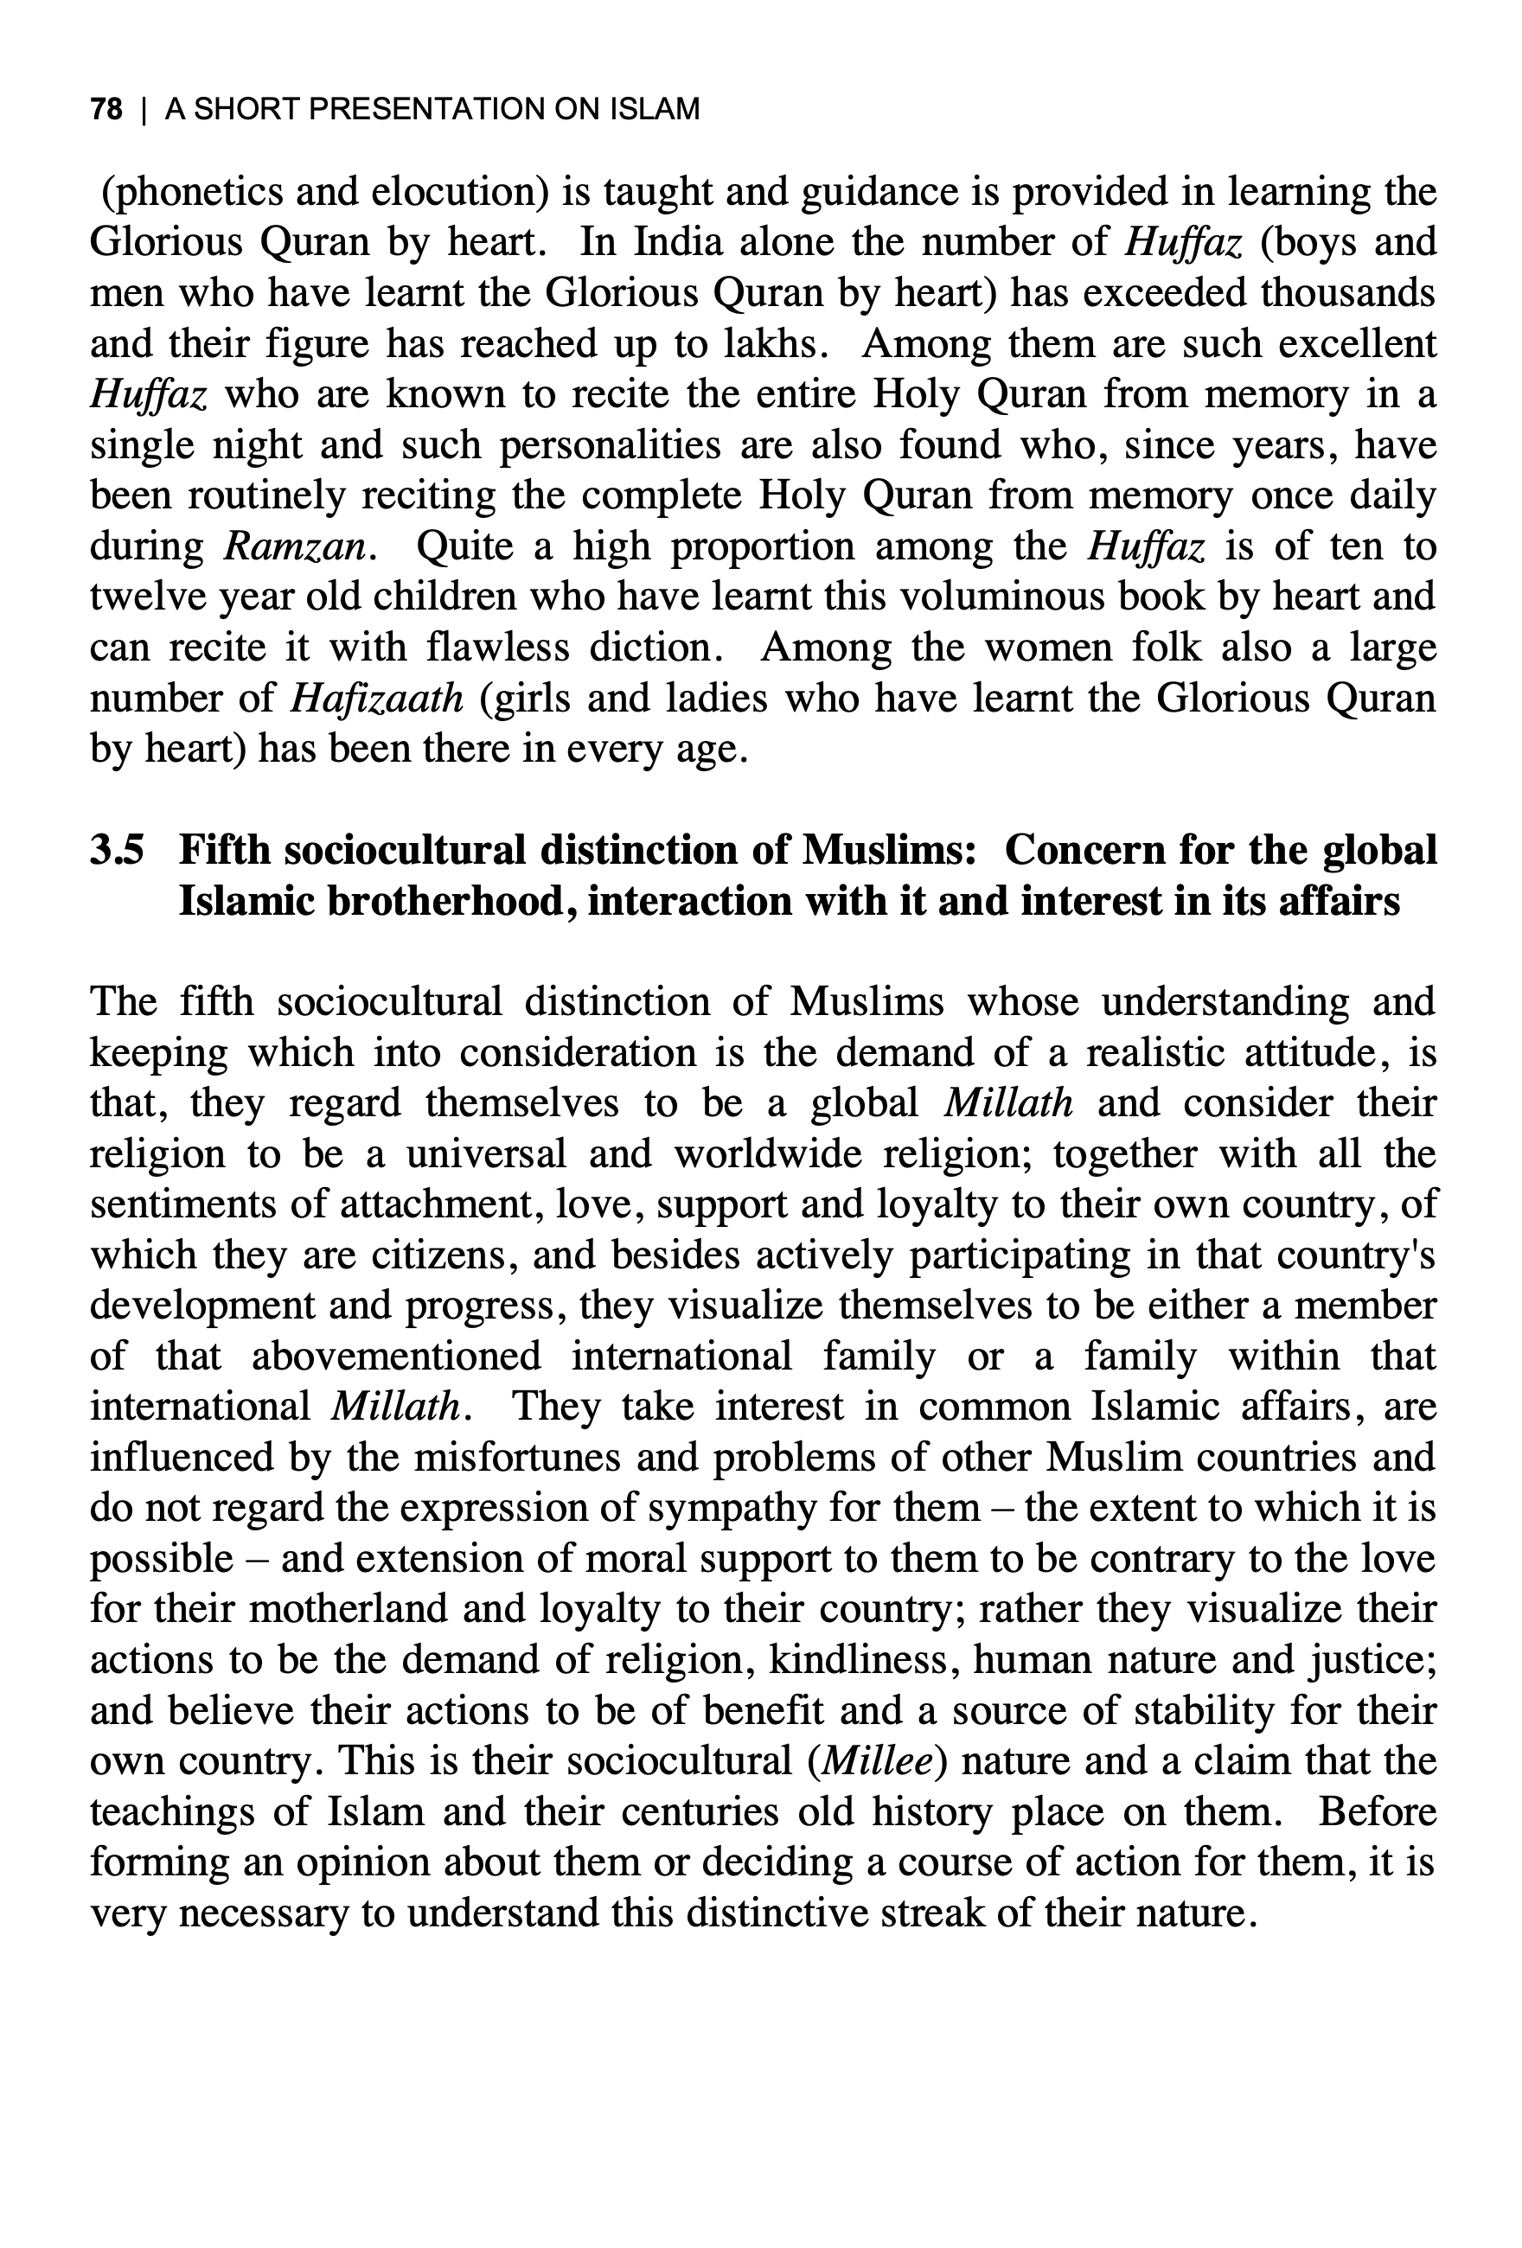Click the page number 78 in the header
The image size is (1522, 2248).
pyautogui.click(x=106, y=109)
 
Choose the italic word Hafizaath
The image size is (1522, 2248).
pyautogui.click(x=377, y=699)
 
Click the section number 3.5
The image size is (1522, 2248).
pyautogui.click(x=117, y=850)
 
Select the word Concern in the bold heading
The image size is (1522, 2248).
pyautogui.click(x=1084, y=850)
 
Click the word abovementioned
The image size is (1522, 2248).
pyautogui.click(x=397, y=1357)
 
